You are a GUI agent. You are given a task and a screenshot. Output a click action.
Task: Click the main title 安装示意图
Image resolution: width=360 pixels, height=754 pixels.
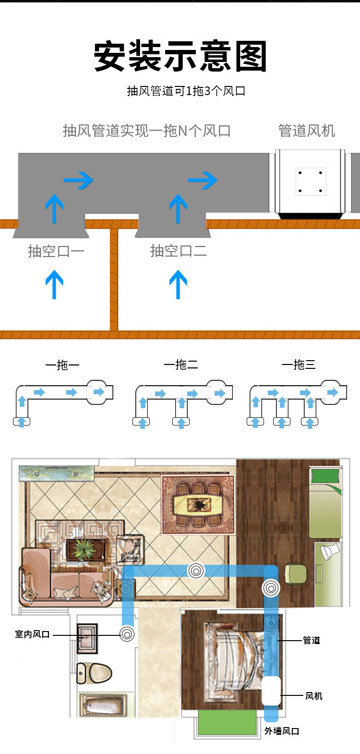pyautogui.click(x=180, y=56)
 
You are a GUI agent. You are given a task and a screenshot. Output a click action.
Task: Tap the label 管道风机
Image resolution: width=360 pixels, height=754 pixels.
pyautogui.click(x=307, y=131)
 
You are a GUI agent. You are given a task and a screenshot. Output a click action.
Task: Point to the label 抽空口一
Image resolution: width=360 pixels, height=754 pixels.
pyautogui.click(x=56, y=251)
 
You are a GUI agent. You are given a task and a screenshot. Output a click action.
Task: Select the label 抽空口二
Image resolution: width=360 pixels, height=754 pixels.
pyautogui.click(x=178, y=251)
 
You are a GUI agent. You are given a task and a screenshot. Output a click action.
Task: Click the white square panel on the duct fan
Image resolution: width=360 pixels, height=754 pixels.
pyautogui.click(x=311, y=182)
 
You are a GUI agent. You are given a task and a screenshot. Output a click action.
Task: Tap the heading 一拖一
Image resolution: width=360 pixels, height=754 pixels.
pyautogui.click(x=62, y=365)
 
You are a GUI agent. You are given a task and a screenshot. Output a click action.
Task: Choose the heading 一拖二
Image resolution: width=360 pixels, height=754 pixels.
pyautogui.click(x=181, y=365)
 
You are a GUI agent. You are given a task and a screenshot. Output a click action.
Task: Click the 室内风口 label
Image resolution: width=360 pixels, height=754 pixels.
pyautogui.click(x=32, y=634)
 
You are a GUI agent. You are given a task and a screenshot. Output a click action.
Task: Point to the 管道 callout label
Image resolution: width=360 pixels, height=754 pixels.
pyautogui.click(x=312, y=640)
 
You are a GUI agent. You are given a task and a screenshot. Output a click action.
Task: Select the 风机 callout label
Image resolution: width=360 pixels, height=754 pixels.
pyautogui.click(x=313, y=696)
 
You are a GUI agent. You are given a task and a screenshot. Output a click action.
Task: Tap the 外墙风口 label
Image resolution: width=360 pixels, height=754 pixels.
pyautogui.click(x=282, y=731)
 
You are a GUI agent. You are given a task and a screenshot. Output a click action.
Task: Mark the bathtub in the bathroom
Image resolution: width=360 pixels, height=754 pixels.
pyautogui.click(x=104, y=705)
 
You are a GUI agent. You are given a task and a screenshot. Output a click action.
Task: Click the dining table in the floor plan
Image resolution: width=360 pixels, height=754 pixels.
pyautogui.click(x=198, y=505)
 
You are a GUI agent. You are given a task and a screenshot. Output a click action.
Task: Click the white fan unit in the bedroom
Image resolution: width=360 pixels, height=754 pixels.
pyautogui.click(x=271, y=691)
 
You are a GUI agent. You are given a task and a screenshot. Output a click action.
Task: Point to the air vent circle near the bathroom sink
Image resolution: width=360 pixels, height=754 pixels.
pyautogui.click(x=127, y=634)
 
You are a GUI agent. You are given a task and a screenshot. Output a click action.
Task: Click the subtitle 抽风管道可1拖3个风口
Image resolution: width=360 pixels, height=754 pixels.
pyautogui.click(x=186, y=91)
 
